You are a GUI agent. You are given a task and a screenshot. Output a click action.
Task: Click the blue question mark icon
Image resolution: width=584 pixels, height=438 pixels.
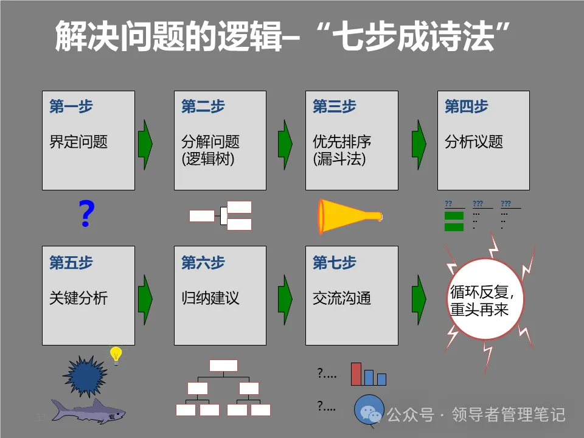click(x=87, y=214)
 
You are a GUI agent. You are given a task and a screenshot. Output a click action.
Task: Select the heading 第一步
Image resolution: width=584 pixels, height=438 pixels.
click(x=71, y=107)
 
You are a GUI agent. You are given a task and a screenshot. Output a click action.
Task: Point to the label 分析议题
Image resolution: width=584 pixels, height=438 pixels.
click(x=474, y=142)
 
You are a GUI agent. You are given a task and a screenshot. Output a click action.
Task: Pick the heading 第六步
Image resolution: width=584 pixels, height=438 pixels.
click(x=203, y=263)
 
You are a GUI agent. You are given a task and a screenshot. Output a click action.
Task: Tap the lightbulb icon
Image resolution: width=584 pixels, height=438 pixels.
click(x=115, y=355)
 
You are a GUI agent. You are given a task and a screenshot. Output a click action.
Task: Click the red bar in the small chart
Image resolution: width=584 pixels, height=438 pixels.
click(x=356, y=374)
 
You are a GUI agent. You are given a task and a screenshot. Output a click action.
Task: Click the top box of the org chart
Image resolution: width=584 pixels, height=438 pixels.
click(x=223, y=365)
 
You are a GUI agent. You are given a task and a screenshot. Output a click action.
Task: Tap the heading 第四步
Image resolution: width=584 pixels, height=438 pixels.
click(x=467, y=107)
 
